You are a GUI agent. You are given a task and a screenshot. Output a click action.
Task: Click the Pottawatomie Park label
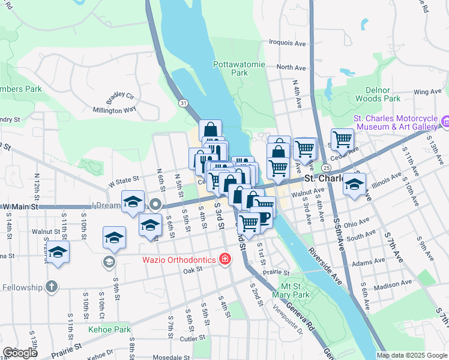click(231, 68)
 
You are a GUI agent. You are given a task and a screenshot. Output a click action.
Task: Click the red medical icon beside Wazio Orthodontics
click(225, 260)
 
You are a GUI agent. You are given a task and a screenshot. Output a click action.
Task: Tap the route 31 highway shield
click(182, 103)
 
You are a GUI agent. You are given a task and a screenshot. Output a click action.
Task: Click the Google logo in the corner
click(19, 353)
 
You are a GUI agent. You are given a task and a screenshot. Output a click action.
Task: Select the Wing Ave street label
click(427, 92)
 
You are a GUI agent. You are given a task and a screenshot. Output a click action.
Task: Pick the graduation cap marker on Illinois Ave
click(355, 184)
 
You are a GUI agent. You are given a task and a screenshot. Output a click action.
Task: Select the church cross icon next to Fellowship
click(52, 287)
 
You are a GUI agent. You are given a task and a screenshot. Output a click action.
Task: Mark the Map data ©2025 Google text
click(411, 355)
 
